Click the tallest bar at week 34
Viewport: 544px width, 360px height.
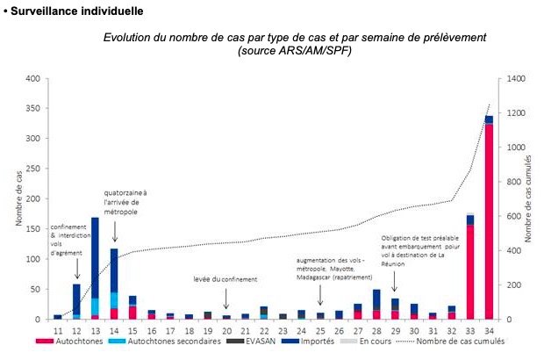coord(489,220)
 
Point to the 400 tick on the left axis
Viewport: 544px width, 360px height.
coord(32,79)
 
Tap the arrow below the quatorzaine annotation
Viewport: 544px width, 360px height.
coord(114,229)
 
